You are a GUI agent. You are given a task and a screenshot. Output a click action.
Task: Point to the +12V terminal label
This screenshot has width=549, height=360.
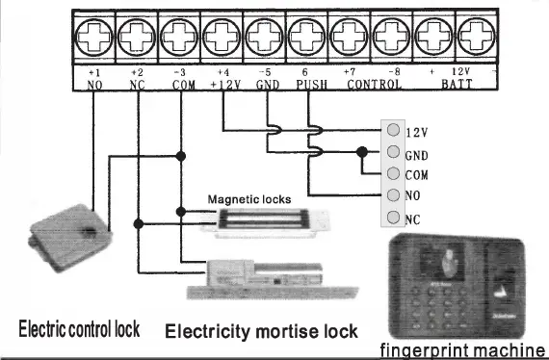click(222, 84)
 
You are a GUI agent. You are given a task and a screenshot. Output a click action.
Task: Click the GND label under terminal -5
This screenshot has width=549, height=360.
click(266, 84)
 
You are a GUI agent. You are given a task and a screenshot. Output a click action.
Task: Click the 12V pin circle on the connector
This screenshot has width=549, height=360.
click(393, 131)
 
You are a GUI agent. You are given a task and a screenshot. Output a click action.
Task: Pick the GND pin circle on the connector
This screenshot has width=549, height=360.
click(393, 152)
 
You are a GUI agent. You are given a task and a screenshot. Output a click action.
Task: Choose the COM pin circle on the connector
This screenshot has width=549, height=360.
click(393, 173)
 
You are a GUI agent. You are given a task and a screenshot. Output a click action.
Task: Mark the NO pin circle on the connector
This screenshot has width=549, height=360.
click(393, 194)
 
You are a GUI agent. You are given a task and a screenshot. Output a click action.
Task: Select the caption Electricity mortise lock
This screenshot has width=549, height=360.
click(261, 332)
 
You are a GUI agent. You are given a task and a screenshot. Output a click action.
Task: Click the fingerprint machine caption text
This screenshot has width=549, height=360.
click(462, 349)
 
